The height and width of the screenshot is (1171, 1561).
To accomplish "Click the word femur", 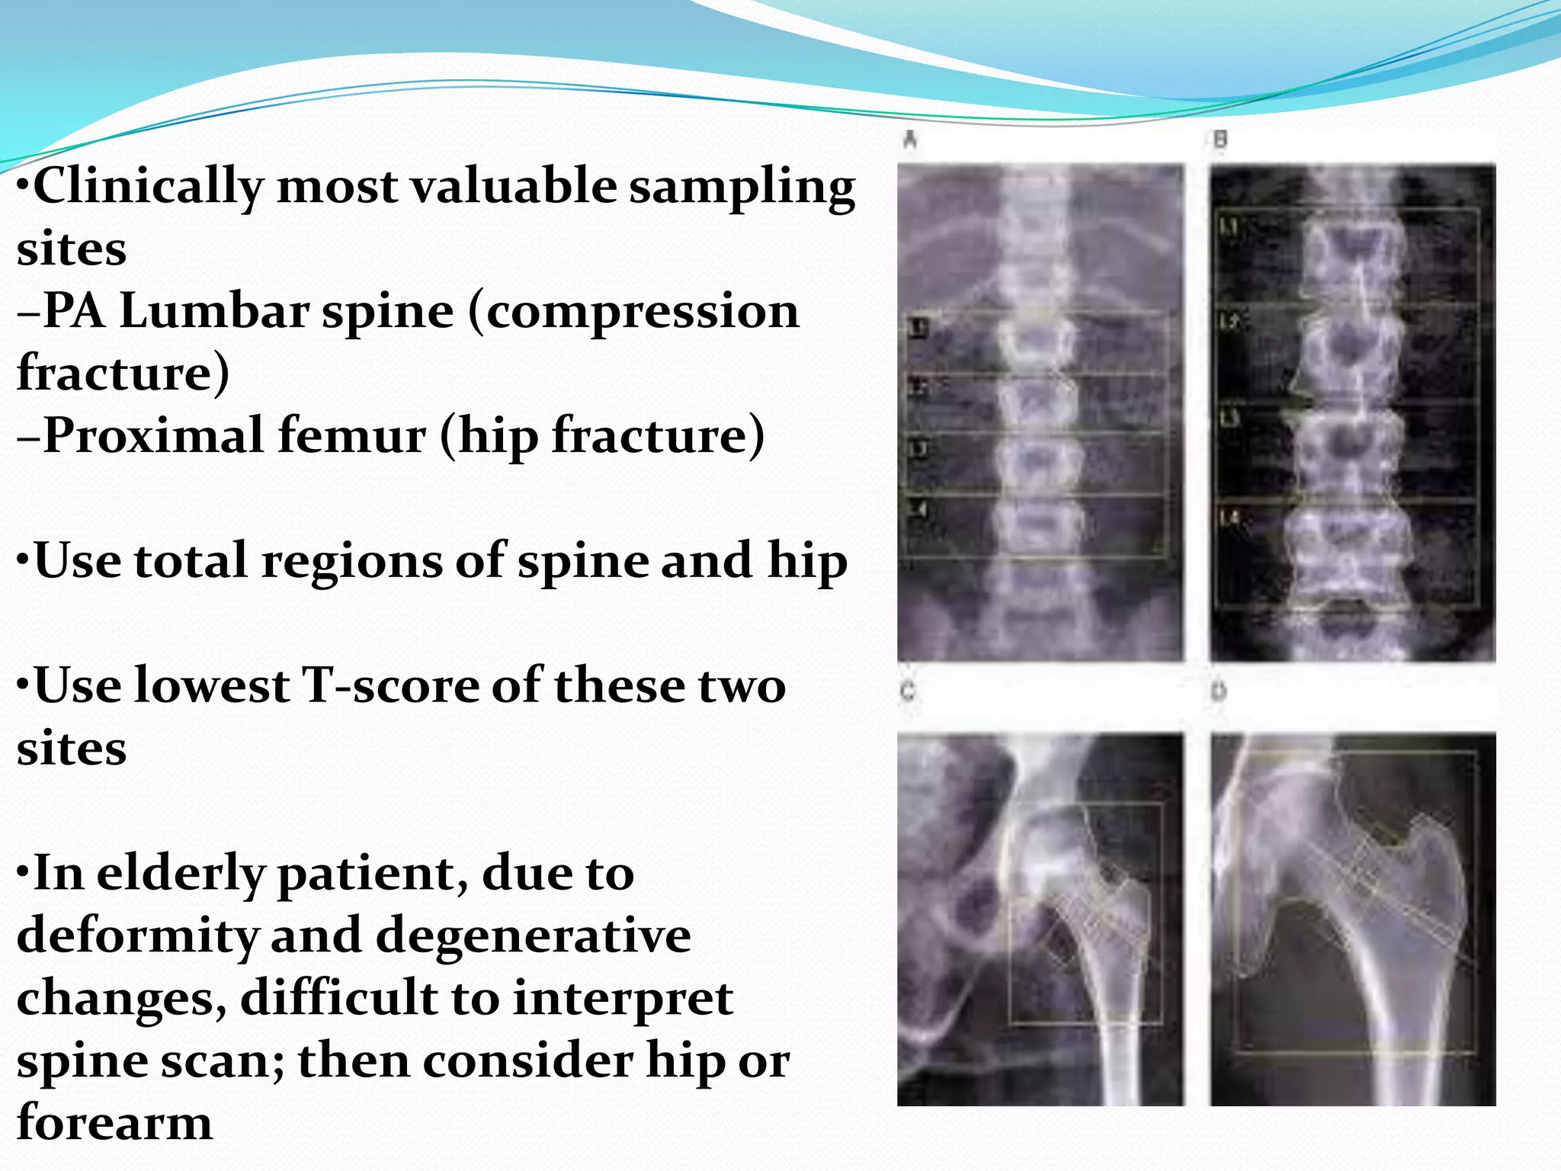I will pos(351,436).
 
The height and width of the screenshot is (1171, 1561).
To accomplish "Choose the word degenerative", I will pos(534,935).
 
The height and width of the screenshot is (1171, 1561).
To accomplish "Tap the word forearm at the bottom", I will pos(114,1123).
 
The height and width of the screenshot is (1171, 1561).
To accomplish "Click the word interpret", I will pos(622,998).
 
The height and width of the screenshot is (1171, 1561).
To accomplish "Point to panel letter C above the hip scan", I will pos(908,691).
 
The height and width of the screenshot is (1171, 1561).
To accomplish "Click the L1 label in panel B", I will pos(1229,226).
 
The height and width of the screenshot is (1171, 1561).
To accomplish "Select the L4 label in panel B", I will pos(1229,518).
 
